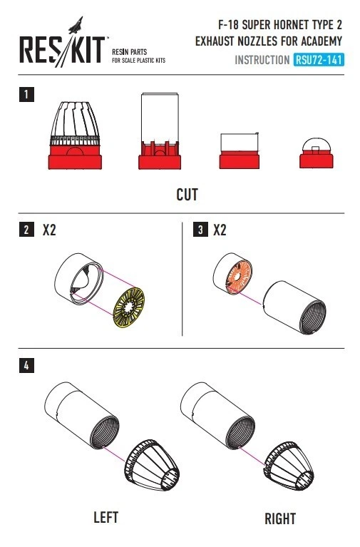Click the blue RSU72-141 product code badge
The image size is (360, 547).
pos(319,60)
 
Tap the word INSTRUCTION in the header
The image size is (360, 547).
pos(262,60)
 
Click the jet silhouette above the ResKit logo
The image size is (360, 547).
pos(76,25)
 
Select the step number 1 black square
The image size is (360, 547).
pos(26,95)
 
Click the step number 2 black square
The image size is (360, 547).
pos(26,230)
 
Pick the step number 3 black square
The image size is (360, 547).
pos(200,230)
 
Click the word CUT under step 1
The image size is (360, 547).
pos(187,195)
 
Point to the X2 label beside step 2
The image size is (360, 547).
pos(49,230)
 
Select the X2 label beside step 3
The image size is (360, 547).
pos(220,230)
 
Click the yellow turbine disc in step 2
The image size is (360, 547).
pos(129,307)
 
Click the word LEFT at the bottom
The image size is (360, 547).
pos(106,517)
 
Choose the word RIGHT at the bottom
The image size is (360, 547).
pos(280,518)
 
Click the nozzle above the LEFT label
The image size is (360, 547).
pos(152,465)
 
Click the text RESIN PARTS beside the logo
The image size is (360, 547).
pos(130,52)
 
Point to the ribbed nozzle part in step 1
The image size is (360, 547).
pos(75,136)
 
